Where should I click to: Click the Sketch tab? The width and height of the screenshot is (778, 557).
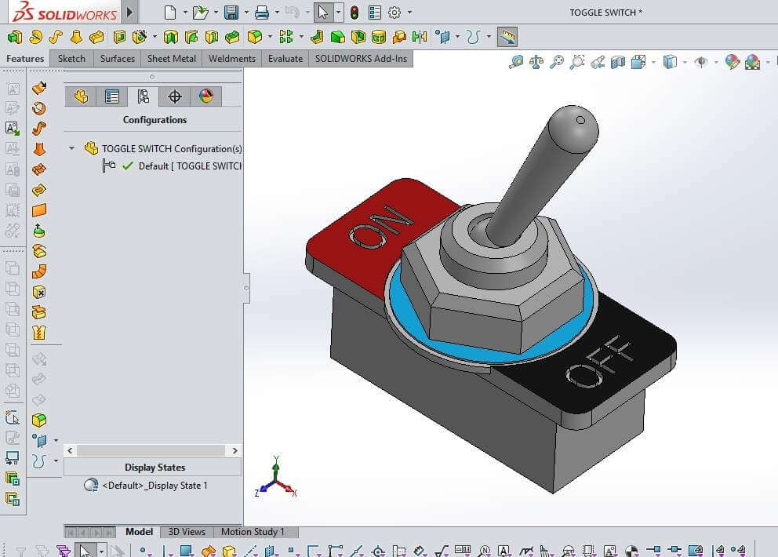[x=71, y=59]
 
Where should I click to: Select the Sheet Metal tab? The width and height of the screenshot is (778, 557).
[x=171, y=59]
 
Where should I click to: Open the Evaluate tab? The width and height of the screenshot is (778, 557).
[x=285, y=59]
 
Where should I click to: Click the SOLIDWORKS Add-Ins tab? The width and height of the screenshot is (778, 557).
[x=361, y=59]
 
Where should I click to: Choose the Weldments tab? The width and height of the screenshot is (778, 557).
[x=231, y=59]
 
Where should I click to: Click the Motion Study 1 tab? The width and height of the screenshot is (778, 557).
[x=253, y=532]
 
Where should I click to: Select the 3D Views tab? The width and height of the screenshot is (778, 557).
[x=187, y=532]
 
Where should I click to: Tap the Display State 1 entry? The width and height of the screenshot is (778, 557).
[x=155, y=486]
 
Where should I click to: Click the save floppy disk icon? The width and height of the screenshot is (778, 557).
[x=231, y=13]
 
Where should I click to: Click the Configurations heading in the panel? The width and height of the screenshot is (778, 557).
[x=155, y=120]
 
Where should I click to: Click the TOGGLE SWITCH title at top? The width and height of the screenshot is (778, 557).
[x=605, y=13]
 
